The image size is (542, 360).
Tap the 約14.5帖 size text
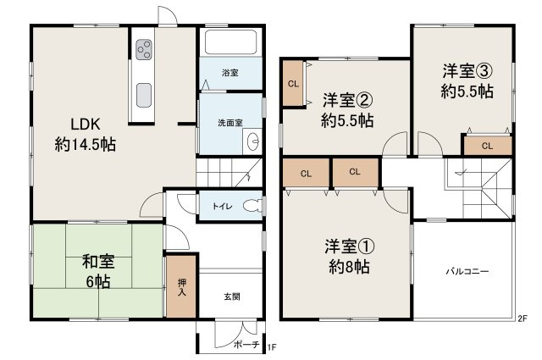pyautogui.click(x=85, y=144)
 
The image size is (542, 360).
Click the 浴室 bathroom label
pyautogui.click(x=230, y=73)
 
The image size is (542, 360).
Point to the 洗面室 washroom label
pyautogui.click(x=230, y=123)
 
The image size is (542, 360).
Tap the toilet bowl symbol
pyautogui.click(x=252, y=206)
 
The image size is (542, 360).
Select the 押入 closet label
pyautogui.click(x=182, y=286)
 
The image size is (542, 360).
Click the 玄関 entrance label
pyautogui.click(x=231, y=296)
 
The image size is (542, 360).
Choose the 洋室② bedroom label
pyautogui.click(x=347, y=97)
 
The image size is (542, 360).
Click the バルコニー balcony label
pyautogui.click(x=467, y=272)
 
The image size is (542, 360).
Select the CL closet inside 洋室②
pyautogui.click(x=293, y=84)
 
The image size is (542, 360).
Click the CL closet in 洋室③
pyautogui.click(x=487, y=146)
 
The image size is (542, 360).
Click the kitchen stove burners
pyautogui.click(x=142, y=48)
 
